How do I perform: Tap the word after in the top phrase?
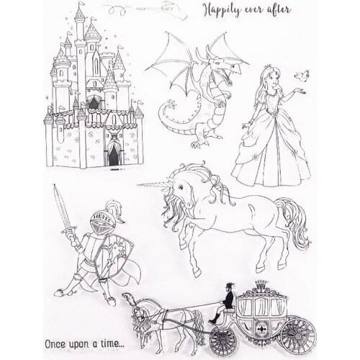click(298, 10)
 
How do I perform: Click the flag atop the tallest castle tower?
click(78, 6)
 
